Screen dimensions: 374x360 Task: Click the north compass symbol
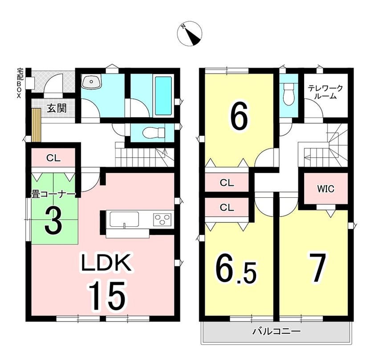(190, 33)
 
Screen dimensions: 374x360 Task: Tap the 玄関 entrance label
(57, 109)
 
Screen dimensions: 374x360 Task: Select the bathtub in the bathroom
(163, 96)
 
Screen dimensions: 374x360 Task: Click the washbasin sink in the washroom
(92, 82)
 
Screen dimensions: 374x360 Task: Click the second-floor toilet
(289, 94)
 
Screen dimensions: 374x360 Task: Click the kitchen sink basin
(124, 219)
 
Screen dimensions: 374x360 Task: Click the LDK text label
(106, 262)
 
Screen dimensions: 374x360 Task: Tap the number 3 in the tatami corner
(53, 220)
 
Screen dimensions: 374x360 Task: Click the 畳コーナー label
(53, 195)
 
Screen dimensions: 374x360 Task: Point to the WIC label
(325, 189)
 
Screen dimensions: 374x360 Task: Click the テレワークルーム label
(325, 92)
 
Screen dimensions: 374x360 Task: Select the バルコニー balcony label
(276, 331)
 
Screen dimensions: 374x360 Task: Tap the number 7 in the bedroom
(317, 267)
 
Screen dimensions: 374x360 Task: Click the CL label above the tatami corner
(53, 158)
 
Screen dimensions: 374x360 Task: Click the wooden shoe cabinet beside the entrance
(37, 125)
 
